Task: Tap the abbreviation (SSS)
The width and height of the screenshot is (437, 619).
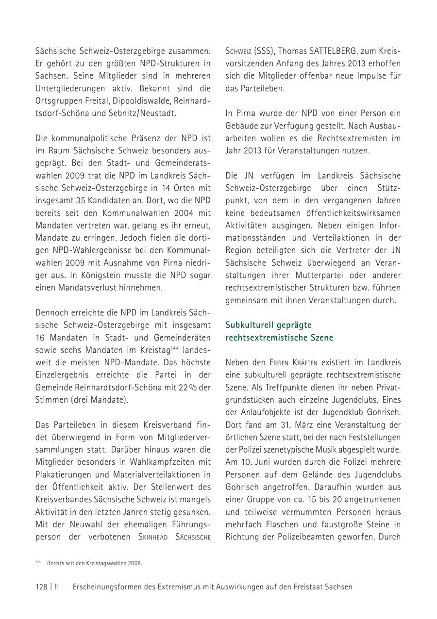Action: [266, 50]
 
